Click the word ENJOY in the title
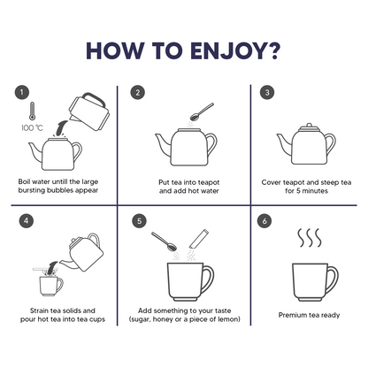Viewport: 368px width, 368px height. [x=226, y=50]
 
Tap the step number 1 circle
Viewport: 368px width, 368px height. [x=22, y=93]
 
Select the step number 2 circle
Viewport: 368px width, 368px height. [x=138, y=93]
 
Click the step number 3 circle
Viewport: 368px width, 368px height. [x=267, y=93]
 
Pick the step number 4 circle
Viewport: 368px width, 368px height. [x=26, y=221]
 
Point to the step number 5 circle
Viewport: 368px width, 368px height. [x=139, y=221]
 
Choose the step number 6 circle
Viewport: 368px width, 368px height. [x=264, y=221]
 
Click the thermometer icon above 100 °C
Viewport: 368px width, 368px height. [x=32, y=111]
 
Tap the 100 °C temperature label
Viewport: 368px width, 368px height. [x=32, y=128]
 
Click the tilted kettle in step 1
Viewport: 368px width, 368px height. [x=89, y=111]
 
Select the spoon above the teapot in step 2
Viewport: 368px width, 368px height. [x=202, y=111]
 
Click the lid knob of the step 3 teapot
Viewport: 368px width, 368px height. [x=309, y=126]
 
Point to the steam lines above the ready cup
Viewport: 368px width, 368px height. [x=309, y=238]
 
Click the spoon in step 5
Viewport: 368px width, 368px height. [x=164, y=241]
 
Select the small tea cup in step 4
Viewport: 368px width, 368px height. [x=51, y=286]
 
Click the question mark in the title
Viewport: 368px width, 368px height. [x=272, y=50]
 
